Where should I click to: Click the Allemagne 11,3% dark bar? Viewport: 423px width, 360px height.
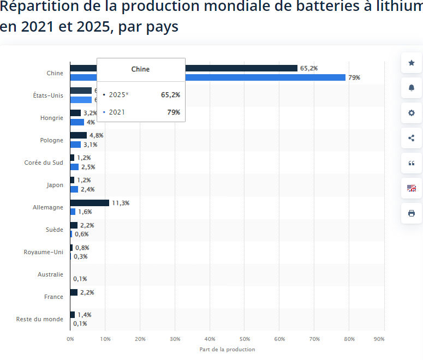click(x=90, y=203)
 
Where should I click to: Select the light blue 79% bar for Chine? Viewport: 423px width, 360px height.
click(x=265, y=77)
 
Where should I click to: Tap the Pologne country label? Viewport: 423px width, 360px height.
click(x=51, y=140)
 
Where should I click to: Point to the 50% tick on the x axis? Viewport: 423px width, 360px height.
click(x=245, y=339)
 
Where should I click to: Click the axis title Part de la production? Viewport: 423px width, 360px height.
click(x=227, y=349)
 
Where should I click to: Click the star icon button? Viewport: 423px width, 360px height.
click(x=412, y=63)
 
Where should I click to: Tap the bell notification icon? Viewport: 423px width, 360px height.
click(x=412, y=88)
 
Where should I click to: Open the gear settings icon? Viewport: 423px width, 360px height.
click(x=412, y=113)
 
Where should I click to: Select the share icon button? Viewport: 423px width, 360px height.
click(x=412, y=138)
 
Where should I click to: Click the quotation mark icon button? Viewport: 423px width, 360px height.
click(x=412, y=163)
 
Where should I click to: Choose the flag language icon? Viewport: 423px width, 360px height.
click(x=412, y=188)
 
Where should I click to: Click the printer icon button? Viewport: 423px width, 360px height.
click(x=412, y=213)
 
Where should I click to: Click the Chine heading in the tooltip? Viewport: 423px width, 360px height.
click(x=140, y=69)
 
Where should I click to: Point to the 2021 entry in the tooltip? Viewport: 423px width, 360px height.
click(x=117, y=112)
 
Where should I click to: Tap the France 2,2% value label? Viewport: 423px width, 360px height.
click(x=87, y=292)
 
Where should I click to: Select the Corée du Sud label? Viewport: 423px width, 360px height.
click(x=44, y=163)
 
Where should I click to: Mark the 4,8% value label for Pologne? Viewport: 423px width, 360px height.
click(x=97, y=135)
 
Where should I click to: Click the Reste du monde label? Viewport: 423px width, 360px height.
click(x=40, y=319)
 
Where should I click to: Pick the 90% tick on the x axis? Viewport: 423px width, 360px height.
click(x=379, y=339)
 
